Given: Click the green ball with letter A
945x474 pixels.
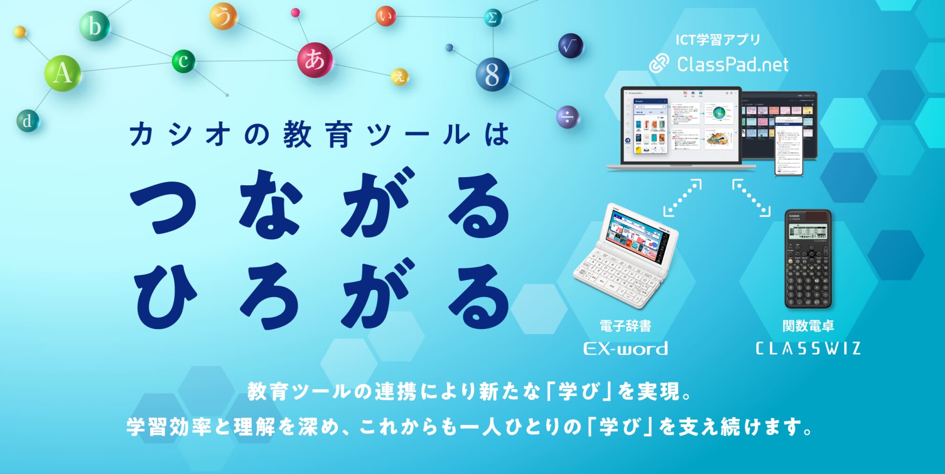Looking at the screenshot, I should point(62,74).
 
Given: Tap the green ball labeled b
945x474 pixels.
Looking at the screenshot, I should point(94,26).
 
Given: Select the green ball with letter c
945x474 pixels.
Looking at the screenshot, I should point(183,61).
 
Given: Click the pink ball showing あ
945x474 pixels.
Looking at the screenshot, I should point(315,60).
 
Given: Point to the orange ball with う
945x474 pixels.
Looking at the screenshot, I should point(223,16).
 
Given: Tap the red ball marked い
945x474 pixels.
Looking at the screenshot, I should point(386,17).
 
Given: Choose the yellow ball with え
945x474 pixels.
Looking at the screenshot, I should point(399,76).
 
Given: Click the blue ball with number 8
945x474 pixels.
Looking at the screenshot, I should point(492,74).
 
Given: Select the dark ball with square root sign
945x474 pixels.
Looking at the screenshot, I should point(570,46).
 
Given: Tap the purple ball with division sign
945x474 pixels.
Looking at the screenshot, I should point(567,117).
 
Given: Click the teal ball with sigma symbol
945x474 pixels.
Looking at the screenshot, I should point(492,18).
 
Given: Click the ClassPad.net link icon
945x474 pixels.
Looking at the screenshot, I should point(659,64).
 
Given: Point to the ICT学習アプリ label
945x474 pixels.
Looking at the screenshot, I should point(717,40).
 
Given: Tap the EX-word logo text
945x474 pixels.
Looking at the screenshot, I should point(626,349).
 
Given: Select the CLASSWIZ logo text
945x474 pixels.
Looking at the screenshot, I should point(808,349).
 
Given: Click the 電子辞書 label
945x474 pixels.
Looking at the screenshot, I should point(625,326).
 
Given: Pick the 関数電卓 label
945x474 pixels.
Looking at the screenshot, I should point(808,326).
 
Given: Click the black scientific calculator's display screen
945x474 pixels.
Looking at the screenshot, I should point(808,232).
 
